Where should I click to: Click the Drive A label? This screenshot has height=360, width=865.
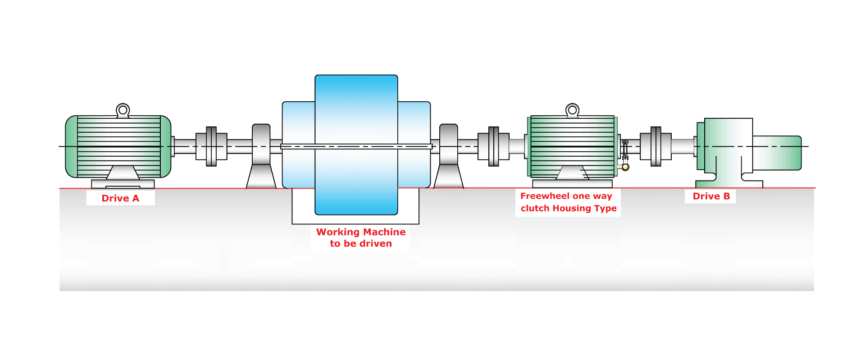pyautogui.click(x=120, y=198)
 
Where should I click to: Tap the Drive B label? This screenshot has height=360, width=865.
pyautogui.click(x=711, y=196)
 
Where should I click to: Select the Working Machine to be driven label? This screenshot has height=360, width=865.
pyautogui.click(x=361, y=238)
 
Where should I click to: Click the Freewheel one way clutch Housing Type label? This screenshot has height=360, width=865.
pyautogui.click(x=568, y=202)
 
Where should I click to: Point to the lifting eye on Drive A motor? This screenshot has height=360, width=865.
pyautogui.click(x=123, y=110)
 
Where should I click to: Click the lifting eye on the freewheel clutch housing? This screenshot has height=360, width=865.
pyautogui.click(x=572, y=110)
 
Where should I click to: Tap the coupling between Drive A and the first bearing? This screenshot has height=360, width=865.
pyautogui.click(x=211, y=146)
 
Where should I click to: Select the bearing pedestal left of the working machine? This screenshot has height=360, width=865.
pyautogui.click(x=261, y=156)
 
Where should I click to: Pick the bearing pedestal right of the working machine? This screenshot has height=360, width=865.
pyautogui.click(x=449, y=156)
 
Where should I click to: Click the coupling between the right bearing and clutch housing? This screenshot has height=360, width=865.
pyautogui.click(x=494, y=146)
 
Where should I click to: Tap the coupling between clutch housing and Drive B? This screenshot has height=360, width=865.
pyautogui.click(x=656, y=146)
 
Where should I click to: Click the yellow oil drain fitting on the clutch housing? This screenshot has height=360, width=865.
pyautogui.click(x=624, y=167)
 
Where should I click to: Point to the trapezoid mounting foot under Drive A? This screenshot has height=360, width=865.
pyautogui.click(x=123, y=173)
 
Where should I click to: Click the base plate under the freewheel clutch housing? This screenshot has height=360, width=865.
pyautogui.click(x=572, y=184)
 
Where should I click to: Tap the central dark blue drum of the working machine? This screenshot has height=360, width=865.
pyautogui.click(x=356, y=145)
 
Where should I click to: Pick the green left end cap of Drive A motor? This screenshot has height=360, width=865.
pyautogui.click(x=71, y=147)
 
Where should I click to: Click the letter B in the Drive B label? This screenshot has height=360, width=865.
pyautogui.click(x=726, y=196)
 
